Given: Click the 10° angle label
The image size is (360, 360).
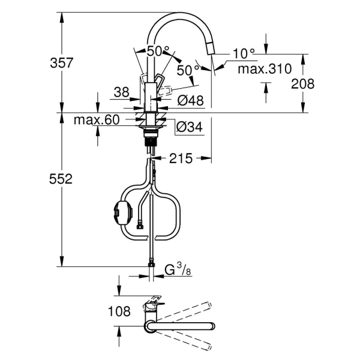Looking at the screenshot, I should click(x=243, y=54).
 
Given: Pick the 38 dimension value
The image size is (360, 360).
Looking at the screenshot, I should click(x=122, y=92).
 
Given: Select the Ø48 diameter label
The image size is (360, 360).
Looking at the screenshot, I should click(x=191, y=100).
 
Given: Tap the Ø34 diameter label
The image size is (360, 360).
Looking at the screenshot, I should click(x=190, y=127).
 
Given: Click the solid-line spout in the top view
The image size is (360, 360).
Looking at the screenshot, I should click(x=180, y=326).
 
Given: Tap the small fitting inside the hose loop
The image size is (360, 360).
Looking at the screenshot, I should click(x=140, y=226).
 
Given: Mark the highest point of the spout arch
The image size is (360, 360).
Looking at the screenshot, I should click(x=180, y=14).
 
